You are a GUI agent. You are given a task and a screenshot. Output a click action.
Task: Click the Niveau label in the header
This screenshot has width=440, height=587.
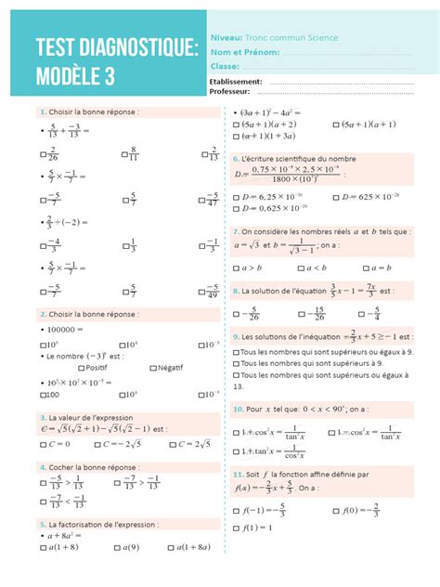[x=226, y=37]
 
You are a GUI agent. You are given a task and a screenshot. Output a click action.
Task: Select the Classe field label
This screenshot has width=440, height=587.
[x=226, y=66]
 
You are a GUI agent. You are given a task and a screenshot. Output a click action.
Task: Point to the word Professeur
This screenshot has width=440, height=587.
[x=230, y=91]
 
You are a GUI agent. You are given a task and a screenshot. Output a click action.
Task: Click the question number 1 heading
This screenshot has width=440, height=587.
[x=42, y=111]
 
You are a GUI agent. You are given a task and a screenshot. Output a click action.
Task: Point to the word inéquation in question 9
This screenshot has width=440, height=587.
[x=319, y=336]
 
